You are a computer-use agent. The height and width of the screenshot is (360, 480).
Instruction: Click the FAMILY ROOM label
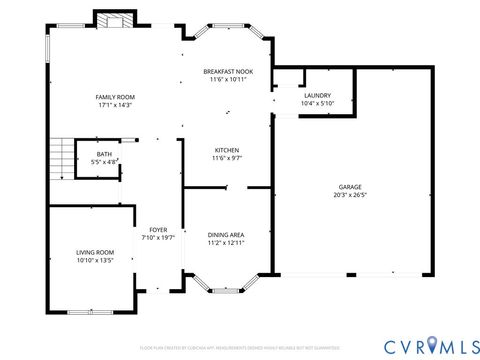(x=116, y=97)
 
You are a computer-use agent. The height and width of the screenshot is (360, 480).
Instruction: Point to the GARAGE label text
(x=349, y=187)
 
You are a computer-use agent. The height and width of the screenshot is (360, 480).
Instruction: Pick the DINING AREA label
(x=226, y=235)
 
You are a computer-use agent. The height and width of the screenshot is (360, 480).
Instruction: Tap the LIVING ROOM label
(x=95, y=252)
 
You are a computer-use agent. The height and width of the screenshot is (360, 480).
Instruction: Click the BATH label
(x=104, y=153)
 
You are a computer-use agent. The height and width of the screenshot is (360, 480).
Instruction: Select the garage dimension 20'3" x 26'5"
(x=349, y=195)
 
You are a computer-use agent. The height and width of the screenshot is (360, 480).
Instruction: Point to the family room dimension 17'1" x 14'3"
(x=116, y=105)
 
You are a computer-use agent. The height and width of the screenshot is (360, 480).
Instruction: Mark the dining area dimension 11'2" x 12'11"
(x=226, y=243)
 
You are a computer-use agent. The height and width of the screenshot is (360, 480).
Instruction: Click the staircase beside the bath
(x=65, y=156)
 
